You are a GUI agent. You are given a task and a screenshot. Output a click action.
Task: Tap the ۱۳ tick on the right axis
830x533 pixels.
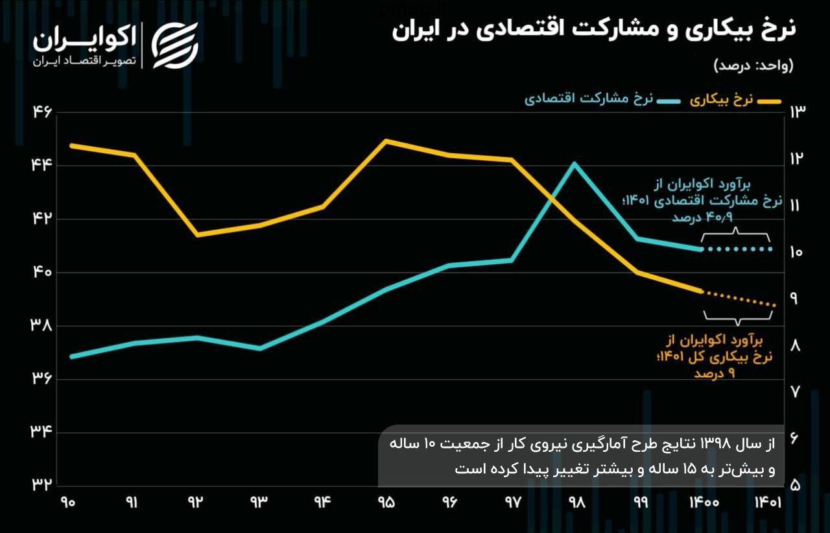[796, 112]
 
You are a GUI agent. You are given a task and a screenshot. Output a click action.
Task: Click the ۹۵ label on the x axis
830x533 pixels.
[386, 503]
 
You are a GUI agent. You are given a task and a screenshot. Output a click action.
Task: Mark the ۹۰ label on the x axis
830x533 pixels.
[69, 503]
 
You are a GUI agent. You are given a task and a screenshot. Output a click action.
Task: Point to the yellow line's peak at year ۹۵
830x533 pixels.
[386, 141]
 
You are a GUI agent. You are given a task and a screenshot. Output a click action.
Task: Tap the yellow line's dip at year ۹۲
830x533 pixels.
[197, 234]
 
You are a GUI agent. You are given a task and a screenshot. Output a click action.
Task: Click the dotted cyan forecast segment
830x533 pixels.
[738, 249]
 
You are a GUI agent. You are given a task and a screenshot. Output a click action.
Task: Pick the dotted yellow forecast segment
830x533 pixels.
[739, 299]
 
